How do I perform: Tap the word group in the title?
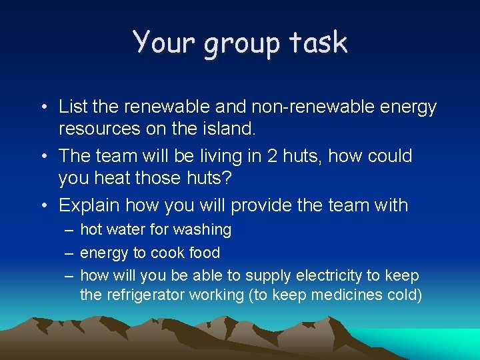237,44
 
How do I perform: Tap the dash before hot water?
69,230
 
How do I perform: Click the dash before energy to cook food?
69,253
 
